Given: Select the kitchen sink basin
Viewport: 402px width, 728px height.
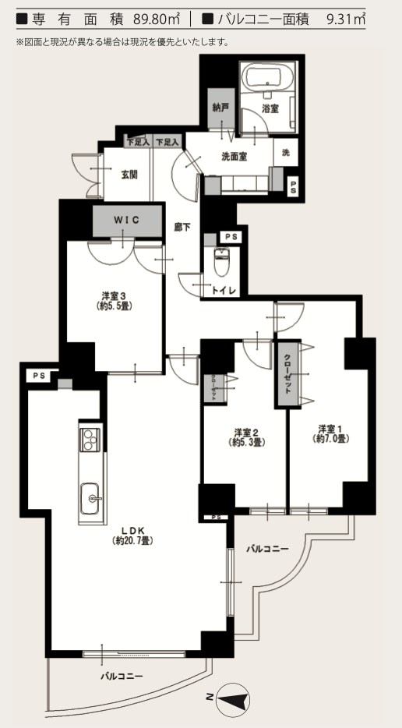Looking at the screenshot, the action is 90,498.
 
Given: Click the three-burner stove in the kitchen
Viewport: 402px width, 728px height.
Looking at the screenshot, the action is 90,440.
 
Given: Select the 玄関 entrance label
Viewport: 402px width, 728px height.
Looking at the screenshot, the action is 129,175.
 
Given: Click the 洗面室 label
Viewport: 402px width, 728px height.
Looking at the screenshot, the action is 234,157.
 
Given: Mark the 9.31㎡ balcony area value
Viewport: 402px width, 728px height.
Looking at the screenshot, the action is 346,19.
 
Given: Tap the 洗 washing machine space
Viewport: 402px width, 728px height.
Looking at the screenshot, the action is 285,152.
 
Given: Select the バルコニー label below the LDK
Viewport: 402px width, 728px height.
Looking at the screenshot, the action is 122,676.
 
